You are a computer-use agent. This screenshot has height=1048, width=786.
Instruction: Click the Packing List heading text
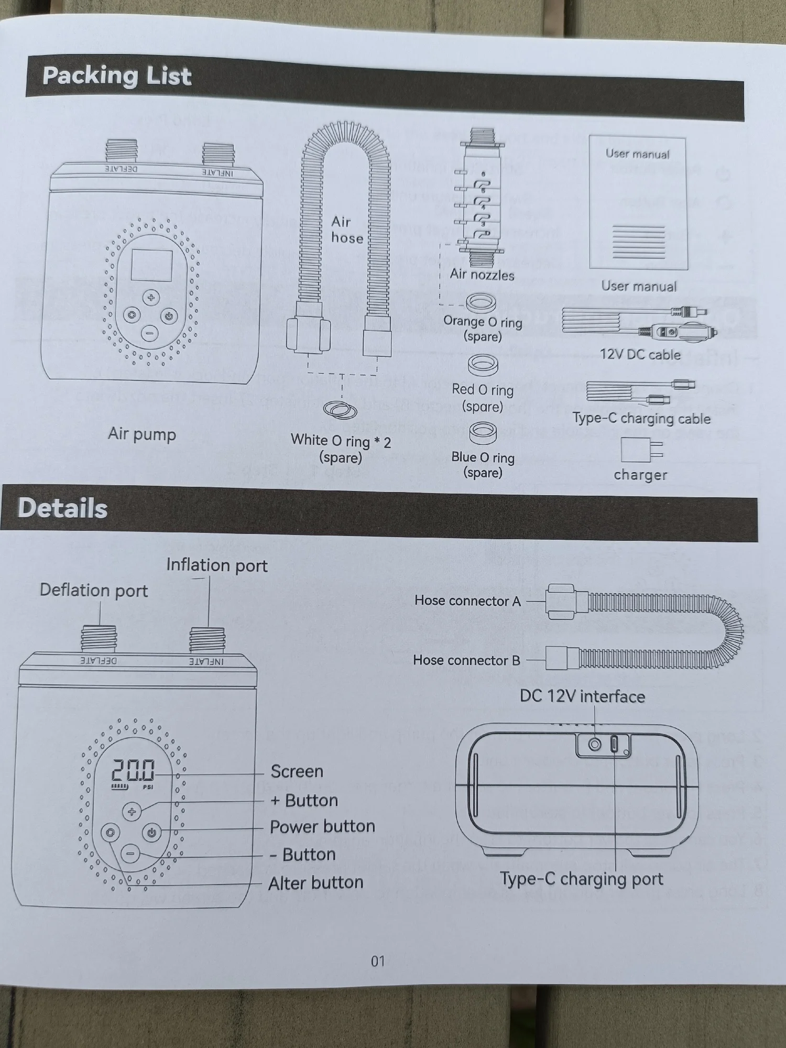(117, 76)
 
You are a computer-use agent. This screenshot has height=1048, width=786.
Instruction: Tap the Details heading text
(63, 508)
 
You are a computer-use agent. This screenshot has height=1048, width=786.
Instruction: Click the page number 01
(378, 961)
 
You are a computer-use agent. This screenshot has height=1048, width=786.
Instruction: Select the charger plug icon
(641, 450)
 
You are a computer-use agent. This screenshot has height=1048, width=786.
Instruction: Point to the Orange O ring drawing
(481, 303)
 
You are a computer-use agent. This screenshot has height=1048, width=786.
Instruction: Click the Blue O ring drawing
(483, 433)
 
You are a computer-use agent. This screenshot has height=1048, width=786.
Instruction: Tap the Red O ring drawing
(483, 365)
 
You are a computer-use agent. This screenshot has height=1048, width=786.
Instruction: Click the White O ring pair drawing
(341, 410)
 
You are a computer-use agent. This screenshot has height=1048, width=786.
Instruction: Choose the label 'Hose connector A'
(467, 601)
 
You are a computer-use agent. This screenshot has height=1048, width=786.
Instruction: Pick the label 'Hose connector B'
(466, 660)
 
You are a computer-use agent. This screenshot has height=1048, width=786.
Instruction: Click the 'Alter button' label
(315, 883)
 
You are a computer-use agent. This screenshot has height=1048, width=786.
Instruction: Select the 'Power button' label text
(322, 826)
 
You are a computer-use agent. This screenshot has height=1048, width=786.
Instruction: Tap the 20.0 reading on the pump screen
(133, 771)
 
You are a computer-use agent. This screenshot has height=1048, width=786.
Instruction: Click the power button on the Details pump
(151, 833)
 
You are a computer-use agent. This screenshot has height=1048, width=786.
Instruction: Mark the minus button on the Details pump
(130, 854)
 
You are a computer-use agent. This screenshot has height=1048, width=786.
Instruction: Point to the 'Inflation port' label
(216, 565)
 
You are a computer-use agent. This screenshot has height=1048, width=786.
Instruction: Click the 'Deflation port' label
(94, 591)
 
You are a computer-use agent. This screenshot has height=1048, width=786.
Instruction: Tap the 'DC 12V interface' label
(582, 696)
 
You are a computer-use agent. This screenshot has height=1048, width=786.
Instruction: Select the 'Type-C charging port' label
(581, 879)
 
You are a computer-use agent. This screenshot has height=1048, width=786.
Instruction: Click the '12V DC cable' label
(640, 355)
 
